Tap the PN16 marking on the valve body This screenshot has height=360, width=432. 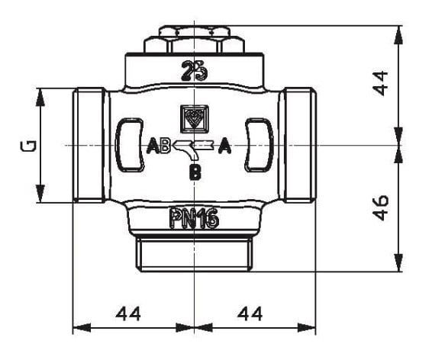tap(194, 220)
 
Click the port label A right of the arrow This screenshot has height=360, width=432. tap(224, 148)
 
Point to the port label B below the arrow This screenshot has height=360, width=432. tap(195, 172)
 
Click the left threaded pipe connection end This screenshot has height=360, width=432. tap(89, 145)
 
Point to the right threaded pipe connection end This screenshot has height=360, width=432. tap(299, 145)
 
